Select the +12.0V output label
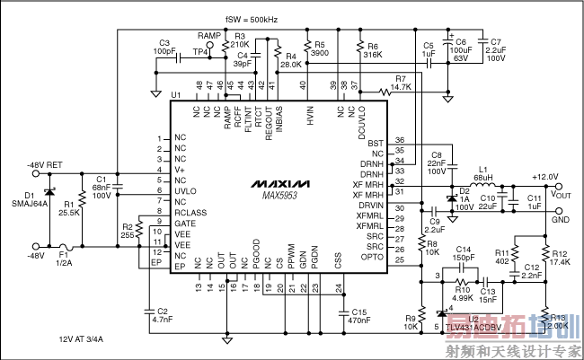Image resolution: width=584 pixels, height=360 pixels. coord(545,177)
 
